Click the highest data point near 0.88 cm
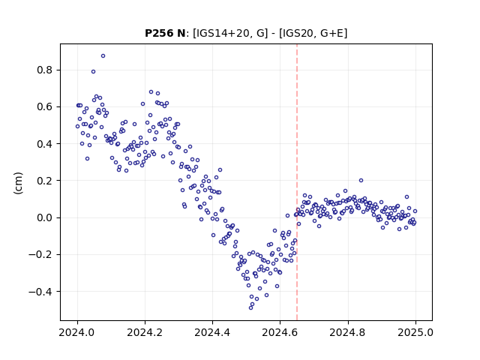tap(103, 56)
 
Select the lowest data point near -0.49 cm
tap(251, 307)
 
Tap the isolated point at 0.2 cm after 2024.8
tap(361, 181)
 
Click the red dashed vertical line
tap(297, 182)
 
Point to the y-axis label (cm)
tap(18, 183)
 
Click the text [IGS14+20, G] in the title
tap(230, 33)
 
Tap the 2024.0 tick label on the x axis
tap(77, 332)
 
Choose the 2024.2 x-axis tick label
tap(145, 332)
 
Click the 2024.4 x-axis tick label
tap(212, 332)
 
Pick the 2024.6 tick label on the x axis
tap(280, 332)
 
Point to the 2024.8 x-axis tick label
tap(348, 332)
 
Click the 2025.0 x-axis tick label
tap(415, 332)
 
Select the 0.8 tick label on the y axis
tap(45, 70)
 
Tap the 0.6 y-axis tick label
tap(45, 106)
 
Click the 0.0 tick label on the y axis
tap(45, 217)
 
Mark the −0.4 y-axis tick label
tap(40, 292)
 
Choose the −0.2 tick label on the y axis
tap(40, 255)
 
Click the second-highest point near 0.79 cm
tap(93, 72)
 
